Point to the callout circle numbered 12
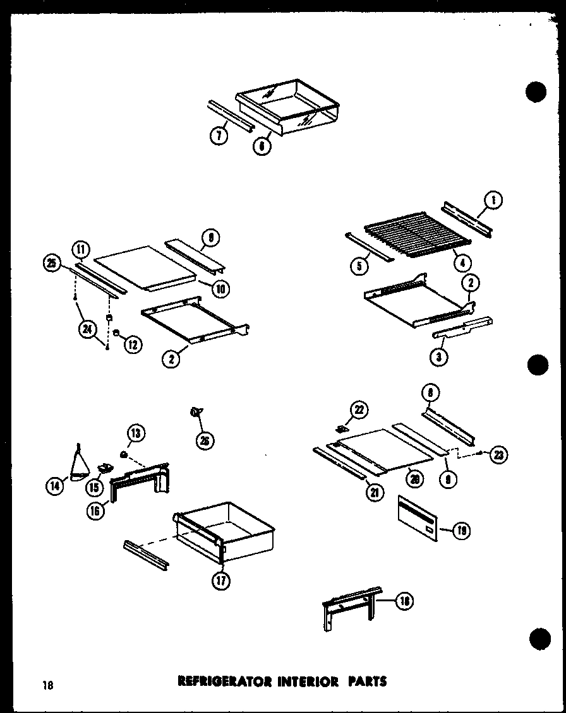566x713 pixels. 133,344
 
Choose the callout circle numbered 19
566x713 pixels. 462,531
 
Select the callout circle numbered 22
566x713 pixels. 359,410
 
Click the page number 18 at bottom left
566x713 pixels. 48,683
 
